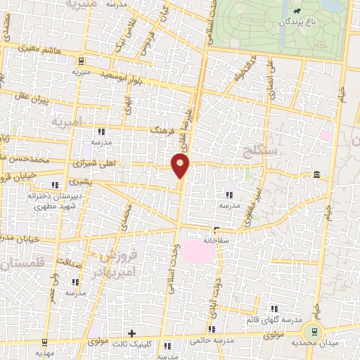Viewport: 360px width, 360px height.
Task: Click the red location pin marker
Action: coord(181,166)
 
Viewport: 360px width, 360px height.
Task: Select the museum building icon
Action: coord(316,174)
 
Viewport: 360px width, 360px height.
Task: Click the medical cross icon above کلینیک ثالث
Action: coord(131,332)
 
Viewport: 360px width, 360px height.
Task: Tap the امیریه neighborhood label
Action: coord(67,121)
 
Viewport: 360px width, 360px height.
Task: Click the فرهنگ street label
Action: coord(162,130)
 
